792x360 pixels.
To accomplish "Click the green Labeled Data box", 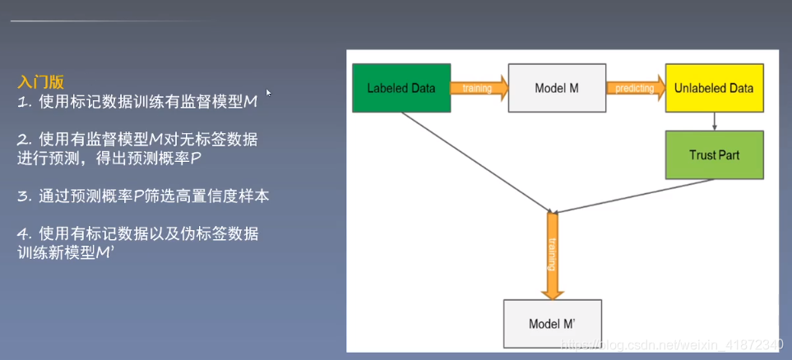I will point(401,88).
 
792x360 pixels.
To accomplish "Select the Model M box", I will point(557,88).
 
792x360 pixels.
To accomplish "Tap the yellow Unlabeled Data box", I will point(713,88).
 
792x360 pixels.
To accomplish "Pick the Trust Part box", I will point(713,155).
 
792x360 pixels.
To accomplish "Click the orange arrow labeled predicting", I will point(635,88).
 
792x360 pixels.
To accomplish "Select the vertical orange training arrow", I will point(552,253).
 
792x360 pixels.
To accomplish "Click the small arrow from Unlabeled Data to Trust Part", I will point(714,121).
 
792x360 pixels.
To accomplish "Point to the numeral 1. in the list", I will point(24,102).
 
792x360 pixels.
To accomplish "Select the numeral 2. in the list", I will point(24,140).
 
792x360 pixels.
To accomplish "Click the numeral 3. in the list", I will point(24,196).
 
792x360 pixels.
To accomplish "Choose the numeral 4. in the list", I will point(24,234).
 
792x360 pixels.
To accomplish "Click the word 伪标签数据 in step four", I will point(222,234).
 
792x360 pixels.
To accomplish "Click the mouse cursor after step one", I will point(267,92).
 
